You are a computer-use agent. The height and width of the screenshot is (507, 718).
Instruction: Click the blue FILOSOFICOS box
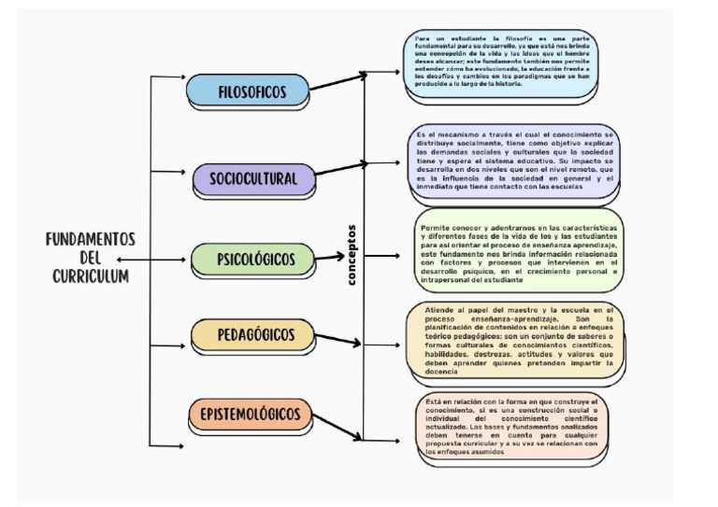(248, 91)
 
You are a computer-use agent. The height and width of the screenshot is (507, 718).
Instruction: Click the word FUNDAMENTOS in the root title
(92, 240)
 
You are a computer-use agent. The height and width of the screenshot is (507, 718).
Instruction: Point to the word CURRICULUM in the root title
(92, 275)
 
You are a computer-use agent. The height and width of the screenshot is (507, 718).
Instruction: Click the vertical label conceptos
(352, 254)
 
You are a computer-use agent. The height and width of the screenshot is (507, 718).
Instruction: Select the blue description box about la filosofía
(501, 65)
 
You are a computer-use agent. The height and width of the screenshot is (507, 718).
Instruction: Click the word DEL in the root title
(91, 258)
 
